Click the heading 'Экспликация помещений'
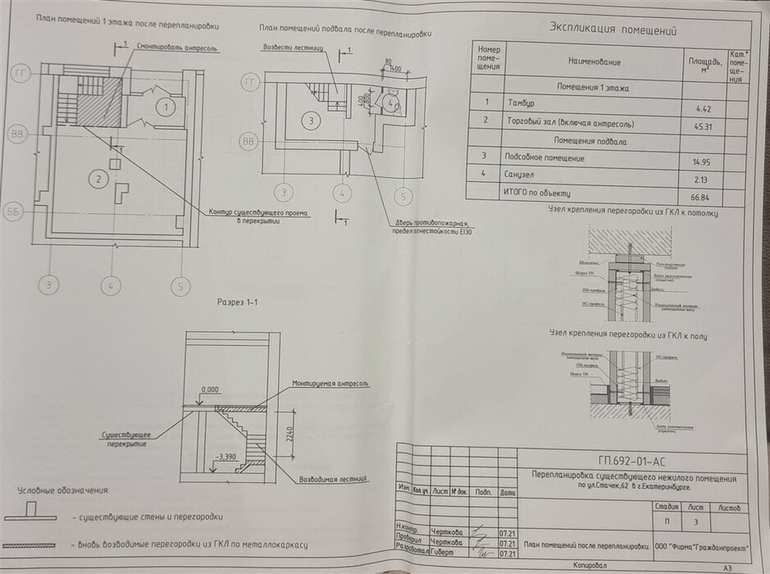pos(613,30)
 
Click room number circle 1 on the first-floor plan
pos(166,107)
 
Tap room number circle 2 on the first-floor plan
pos(98,178)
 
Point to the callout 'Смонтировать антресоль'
pos(176,49)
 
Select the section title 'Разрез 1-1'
pos(237,302)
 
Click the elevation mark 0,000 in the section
pos(210,389)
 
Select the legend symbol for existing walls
pos(30,514)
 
